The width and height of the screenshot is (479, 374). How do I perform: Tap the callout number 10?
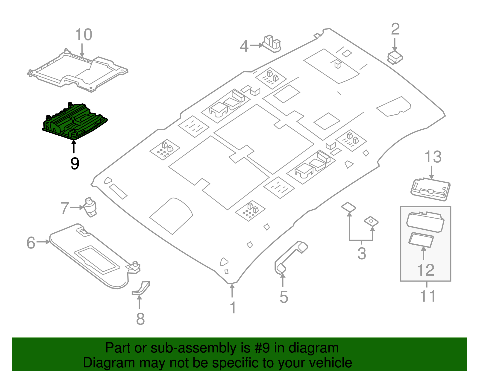pos(83,35)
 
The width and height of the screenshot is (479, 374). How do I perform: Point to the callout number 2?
pos(395,29)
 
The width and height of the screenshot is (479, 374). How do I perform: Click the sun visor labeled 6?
pos(90,255)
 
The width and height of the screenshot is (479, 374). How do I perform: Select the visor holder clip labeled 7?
pos(90,207)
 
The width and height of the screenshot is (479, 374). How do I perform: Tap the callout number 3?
pos(362,253)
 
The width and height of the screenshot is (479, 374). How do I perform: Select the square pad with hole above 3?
pos(371,222)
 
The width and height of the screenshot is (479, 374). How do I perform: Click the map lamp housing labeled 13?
pos(430,189)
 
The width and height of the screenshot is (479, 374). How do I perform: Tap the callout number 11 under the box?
pos(428,296)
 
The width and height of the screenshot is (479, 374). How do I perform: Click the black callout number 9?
pos(75,163)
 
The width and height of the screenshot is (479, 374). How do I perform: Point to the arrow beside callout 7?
pos(77,207)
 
